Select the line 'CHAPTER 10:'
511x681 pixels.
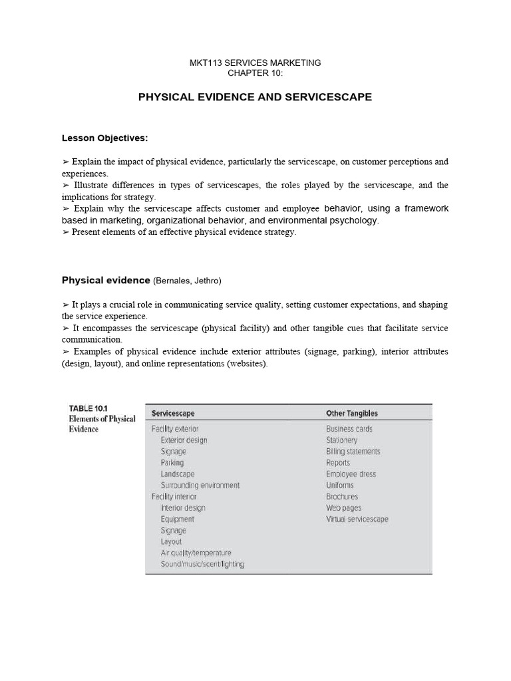click(x=255, y=72)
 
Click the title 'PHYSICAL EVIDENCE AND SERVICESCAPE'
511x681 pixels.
click(x=255, y=97)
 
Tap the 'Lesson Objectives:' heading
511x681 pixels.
click(x=104, y=138)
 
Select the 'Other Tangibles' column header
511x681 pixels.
click(x=351, y=413)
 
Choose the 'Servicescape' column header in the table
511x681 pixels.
click(x=173, y=413)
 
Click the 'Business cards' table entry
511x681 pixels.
click(x=349, y=429)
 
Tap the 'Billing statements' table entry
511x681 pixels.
click(x=353, y=452)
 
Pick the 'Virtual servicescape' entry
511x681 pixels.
click(x=357, y=519)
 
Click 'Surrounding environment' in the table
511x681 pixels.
click(x=200, y=485)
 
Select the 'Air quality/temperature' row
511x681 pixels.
click(x=196, y=553)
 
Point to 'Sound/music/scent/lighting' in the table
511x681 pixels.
click(x=202, y=565)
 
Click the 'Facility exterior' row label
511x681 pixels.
click(x=174, y=429)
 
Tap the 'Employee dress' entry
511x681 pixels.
click(x=351, y=474)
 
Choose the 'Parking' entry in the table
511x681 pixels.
click(x=172, y=463)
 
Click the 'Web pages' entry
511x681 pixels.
click(x=343, y=508)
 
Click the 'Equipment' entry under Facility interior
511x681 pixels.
click(x=177, y=519)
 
